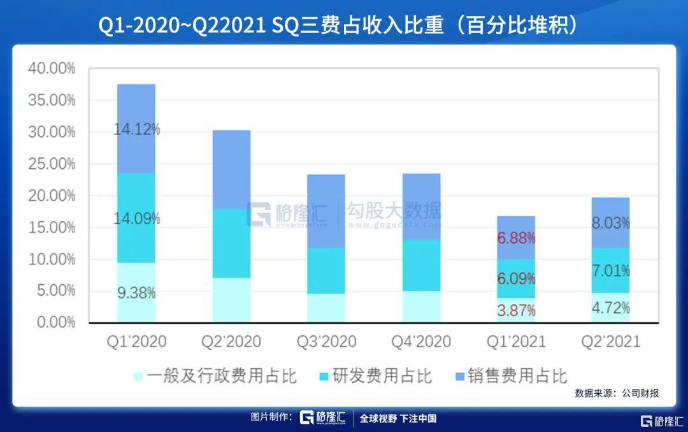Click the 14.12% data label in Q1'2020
click(137, 129)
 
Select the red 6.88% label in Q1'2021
click(516, 238)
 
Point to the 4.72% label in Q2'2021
click(610, 308)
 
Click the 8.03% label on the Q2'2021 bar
click(610, 223)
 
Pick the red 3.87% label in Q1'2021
click(516, 311)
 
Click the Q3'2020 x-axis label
click(326, 342)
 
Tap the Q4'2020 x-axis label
click(421, 342)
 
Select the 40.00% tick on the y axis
click(52, 68)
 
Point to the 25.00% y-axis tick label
click(52, 164)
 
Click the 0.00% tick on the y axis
click(54, 322)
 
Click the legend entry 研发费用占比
click(374, 375)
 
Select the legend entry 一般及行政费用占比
click(215, 375)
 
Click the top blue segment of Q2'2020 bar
click(231, 169)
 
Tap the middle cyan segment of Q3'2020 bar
click(326, 270)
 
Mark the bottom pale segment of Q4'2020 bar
click(421, 306)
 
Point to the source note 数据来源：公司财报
click(617, 393)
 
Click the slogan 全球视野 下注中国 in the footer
click(398, 419)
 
